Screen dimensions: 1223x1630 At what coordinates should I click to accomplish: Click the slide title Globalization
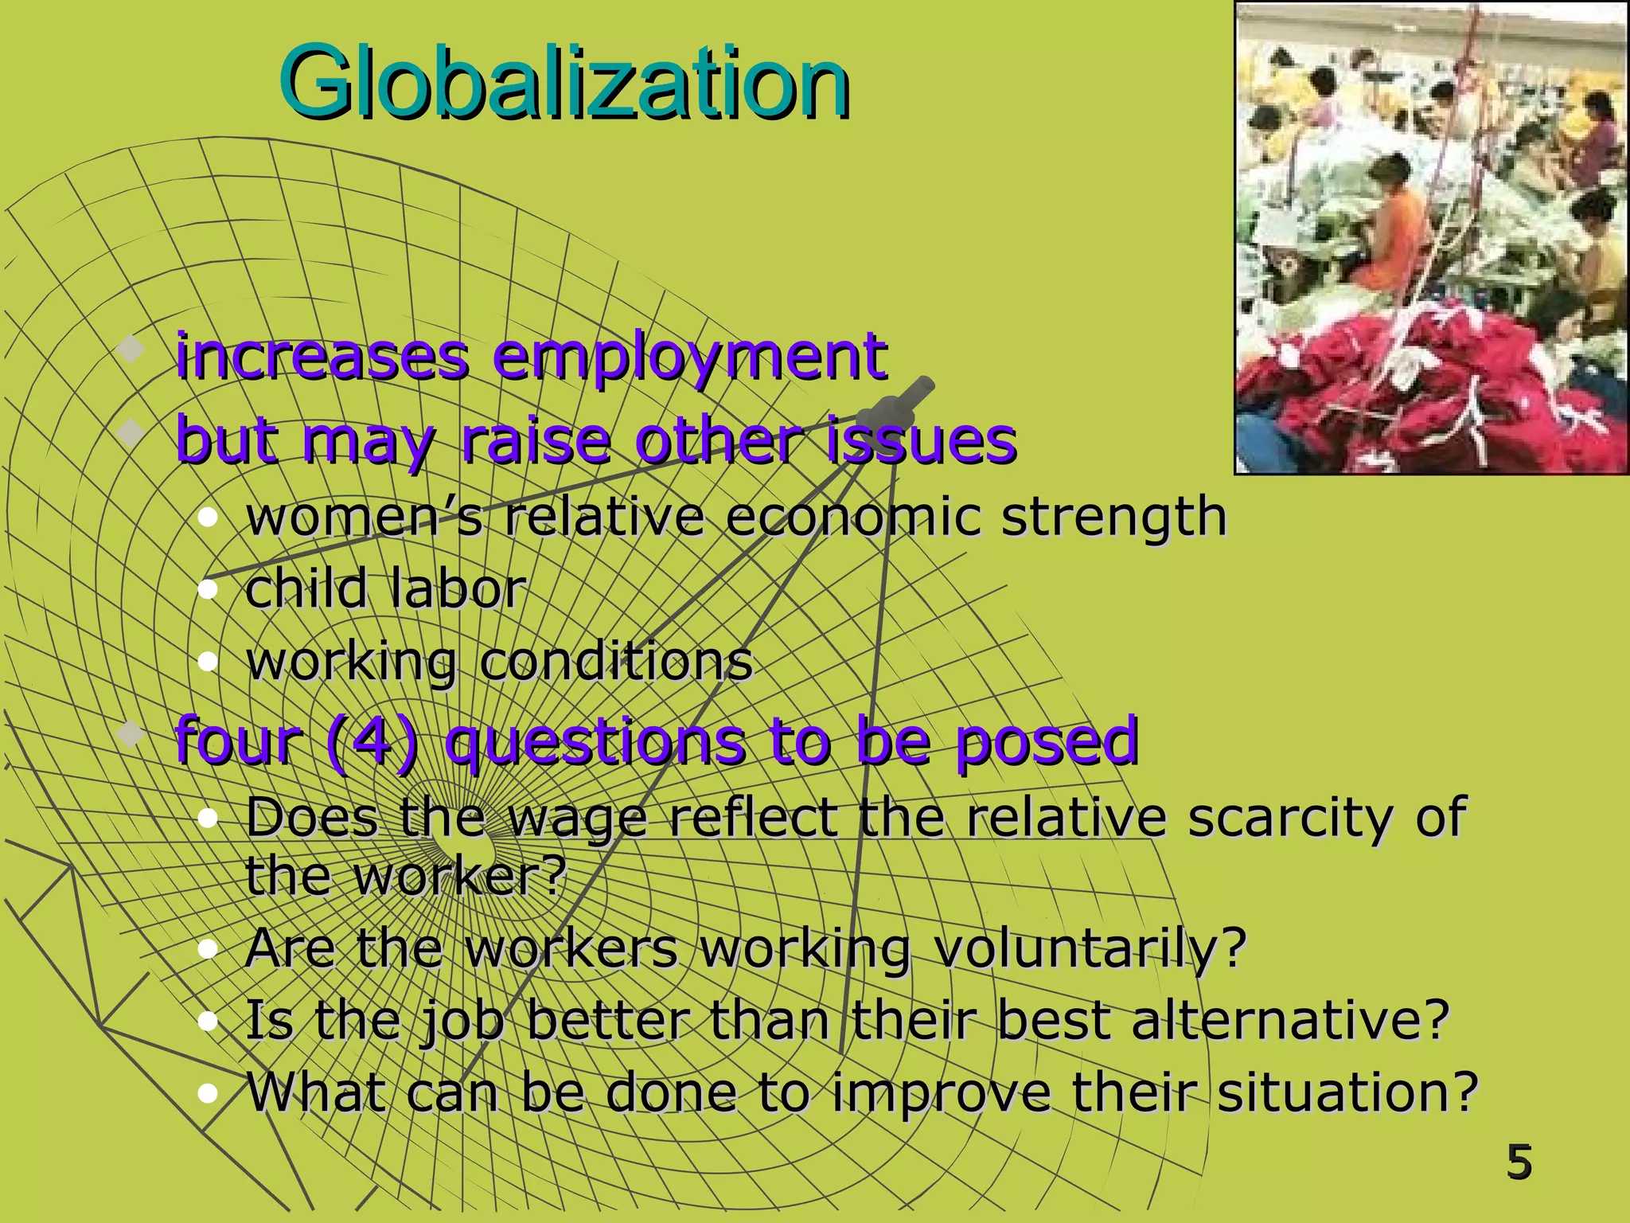[x=563, y=84]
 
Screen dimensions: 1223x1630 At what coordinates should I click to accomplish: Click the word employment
[x=689, y=358]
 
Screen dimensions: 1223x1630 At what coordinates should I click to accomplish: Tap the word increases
[x=322, y=358]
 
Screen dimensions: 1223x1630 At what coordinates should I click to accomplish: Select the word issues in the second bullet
[x=922, y=440]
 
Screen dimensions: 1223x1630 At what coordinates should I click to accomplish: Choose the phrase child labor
[x=385, y=589]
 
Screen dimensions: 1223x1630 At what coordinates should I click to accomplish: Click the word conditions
[x=615, y=662]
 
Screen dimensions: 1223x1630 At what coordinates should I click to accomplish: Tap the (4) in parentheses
[x=372, y=742]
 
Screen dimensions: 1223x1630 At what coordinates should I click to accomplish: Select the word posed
[x=1046, y=742]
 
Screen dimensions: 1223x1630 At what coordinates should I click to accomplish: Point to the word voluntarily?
[x=1089, y=949]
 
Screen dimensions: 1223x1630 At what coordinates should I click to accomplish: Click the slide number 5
[x=1519, y=1162]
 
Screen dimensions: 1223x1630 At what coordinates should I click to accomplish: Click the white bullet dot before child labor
[x=208, y=590]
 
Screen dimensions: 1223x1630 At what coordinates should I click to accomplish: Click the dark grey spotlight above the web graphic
[x=895, y=408]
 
